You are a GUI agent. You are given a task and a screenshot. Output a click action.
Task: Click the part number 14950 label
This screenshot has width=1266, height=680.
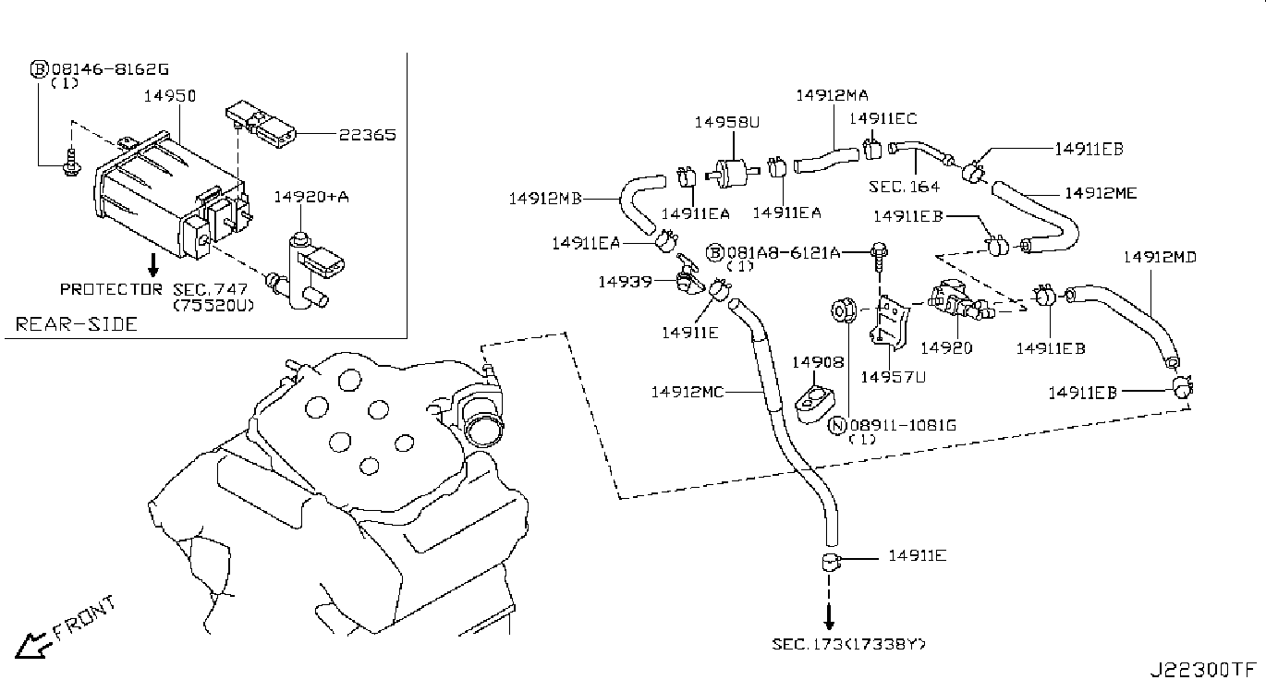164,95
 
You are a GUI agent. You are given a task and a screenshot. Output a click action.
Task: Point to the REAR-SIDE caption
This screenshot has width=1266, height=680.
77,324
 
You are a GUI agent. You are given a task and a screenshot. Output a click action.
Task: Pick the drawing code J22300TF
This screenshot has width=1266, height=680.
1202,668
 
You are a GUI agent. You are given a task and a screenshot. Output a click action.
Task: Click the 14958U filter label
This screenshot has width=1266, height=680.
727,120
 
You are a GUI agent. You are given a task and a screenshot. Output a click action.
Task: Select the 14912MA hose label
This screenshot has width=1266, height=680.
832,95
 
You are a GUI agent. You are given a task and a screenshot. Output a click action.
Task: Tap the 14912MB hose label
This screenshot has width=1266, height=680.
545,198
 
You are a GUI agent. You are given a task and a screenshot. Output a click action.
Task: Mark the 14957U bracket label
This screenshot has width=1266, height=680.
893,376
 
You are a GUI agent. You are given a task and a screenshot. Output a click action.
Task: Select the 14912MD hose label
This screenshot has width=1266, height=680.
1160,257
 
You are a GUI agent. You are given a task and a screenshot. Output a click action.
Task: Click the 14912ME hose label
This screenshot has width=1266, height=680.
1101,193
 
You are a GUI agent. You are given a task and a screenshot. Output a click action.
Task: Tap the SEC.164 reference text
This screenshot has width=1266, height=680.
904,187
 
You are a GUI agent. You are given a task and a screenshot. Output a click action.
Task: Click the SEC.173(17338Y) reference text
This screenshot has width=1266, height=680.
849,643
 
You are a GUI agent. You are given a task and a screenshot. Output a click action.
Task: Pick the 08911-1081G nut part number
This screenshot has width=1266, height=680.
903,425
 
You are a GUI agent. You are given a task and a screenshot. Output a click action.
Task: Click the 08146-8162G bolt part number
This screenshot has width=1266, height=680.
110,69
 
